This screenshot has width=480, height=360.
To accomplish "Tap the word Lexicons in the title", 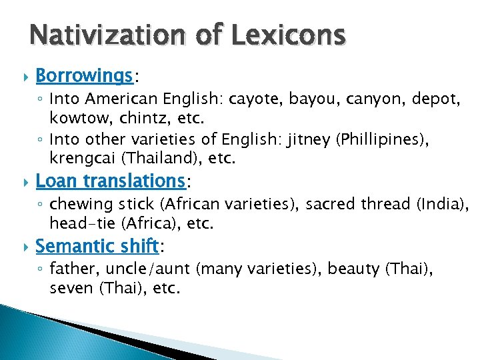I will (x=287, y=34).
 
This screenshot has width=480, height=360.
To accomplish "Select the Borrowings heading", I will (x=84, y=76).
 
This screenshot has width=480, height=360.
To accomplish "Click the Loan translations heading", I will (x=109, y=180).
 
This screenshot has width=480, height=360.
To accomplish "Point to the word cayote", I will (x=255, y=100).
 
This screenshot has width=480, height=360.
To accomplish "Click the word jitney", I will (x=313, y=139).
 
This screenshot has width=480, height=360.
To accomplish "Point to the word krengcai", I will (x=81, y=159).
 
